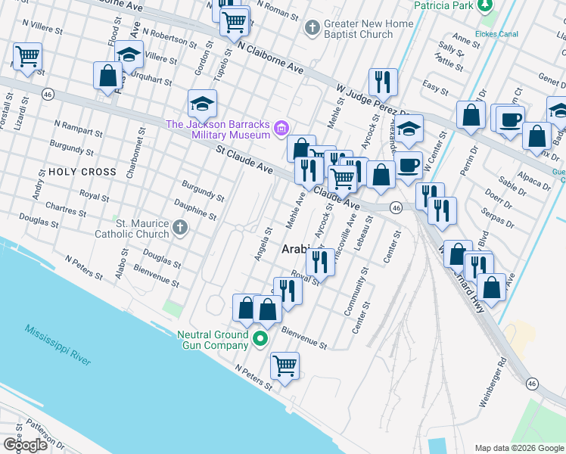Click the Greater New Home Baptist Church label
click(369, 29)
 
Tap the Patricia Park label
click(443, 5)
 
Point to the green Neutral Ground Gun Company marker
click(260, 339)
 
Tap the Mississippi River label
click(58, 346)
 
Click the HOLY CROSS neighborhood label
click(82, 172)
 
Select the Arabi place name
click(296, 249)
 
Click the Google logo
click(25, 444)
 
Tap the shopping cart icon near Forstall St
click(27, 55)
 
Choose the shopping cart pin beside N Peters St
click(285, 366)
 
